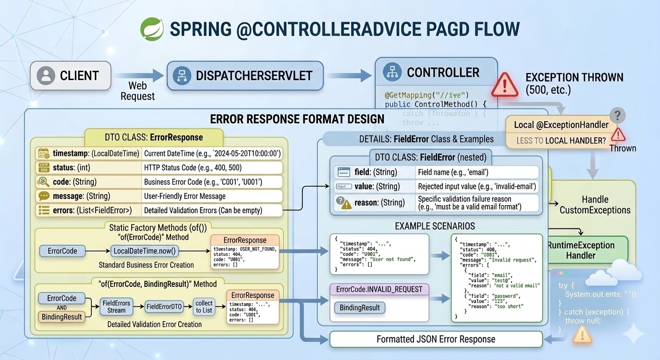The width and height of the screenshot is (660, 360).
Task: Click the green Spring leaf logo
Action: [152, 29]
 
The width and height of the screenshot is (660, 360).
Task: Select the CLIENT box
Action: [70, 75]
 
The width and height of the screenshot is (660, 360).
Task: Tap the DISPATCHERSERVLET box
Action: [245, 75]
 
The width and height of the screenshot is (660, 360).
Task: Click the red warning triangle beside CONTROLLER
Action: [504, 84]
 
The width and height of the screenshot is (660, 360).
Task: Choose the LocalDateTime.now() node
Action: [145, 251]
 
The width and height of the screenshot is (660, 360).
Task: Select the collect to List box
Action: [204, 307]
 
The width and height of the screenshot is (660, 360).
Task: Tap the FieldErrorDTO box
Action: [164, 307]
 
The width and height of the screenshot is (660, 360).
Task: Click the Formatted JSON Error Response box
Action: [436, 339]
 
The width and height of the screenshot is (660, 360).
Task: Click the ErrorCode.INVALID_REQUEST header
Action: [379, 289]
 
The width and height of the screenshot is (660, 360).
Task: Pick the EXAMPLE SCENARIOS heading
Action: [435, 226]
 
